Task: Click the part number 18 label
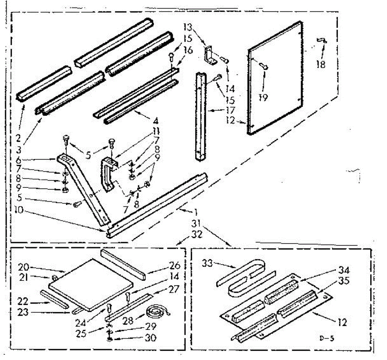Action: (321, 64)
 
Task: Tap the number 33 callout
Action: (208, 263)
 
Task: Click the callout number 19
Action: (263, 97)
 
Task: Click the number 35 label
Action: (344, 281)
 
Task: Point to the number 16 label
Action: (188, 50)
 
